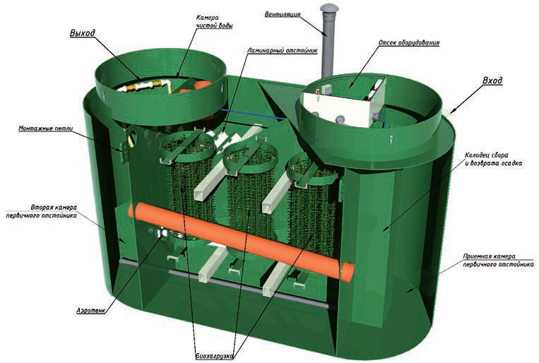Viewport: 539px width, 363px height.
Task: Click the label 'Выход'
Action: (83, 33)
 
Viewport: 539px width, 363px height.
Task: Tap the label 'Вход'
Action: (492, 81)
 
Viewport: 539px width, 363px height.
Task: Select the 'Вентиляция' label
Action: (283, 14)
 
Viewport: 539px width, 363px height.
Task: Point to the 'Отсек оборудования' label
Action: (409, 43)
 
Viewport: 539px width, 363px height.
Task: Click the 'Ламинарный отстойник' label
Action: (283, 51)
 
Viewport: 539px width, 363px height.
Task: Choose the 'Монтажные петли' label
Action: (46, 129)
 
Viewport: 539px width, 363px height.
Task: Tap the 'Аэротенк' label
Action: (90, 311)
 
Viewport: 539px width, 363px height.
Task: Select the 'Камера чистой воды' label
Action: (214, 21)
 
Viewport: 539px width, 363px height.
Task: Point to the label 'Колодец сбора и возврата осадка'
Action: (493, 160)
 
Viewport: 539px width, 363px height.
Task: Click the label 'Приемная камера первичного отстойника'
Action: (498, 260)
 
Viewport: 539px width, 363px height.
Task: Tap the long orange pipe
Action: (242, 242)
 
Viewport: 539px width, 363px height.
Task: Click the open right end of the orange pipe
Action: (348, 273)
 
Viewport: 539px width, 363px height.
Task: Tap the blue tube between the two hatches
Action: (253, 114)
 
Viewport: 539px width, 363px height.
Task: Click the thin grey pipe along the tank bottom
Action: (223, 284)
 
